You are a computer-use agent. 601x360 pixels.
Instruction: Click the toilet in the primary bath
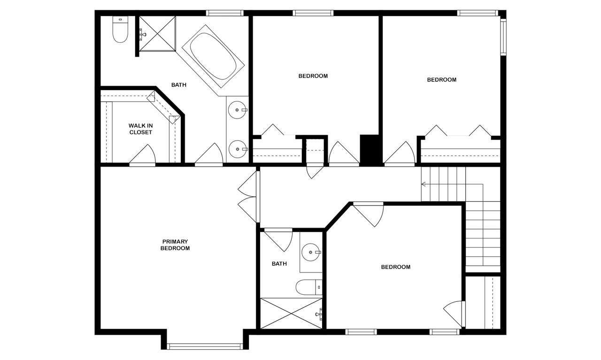pyautogui.click(x=120, y=29)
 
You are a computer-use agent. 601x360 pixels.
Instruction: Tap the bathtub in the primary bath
pyautogui.click(x=213, y=56)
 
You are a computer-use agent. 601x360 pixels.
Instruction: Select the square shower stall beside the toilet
pyautogui.click(x=157, y=33)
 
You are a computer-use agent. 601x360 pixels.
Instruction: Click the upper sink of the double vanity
pyautogui.click(x=237, y=110)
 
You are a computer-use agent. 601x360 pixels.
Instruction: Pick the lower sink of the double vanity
pyautogui.click(x=237, y=149)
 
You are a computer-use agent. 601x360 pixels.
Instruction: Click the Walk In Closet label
pyautogui.click(x=140, y=129)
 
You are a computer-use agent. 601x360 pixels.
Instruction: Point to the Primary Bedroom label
pyautogui.click(x=175, y=245)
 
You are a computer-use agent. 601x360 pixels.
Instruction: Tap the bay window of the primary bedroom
pyautogui.click(x=205, y=346)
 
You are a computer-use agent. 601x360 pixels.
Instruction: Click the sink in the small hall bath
pyautogui.click(x=311, y=252)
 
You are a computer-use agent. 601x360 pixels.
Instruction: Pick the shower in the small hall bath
pyautogui.click(x=292, y=314)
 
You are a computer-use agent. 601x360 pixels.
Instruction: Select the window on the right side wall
pyautogui.click(x=503, y=37)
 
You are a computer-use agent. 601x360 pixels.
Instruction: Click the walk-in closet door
pyautogui.click(x=142, y=155)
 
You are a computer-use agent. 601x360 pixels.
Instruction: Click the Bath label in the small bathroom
pyautogui.click(x=279, y=264)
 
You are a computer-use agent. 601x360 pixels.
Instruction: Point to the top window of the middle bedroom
pyautogui.click(x=313, y=13)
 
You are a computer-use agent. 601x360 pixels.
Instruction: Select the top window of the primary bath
pyautogui.click(x=225, y=13)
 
